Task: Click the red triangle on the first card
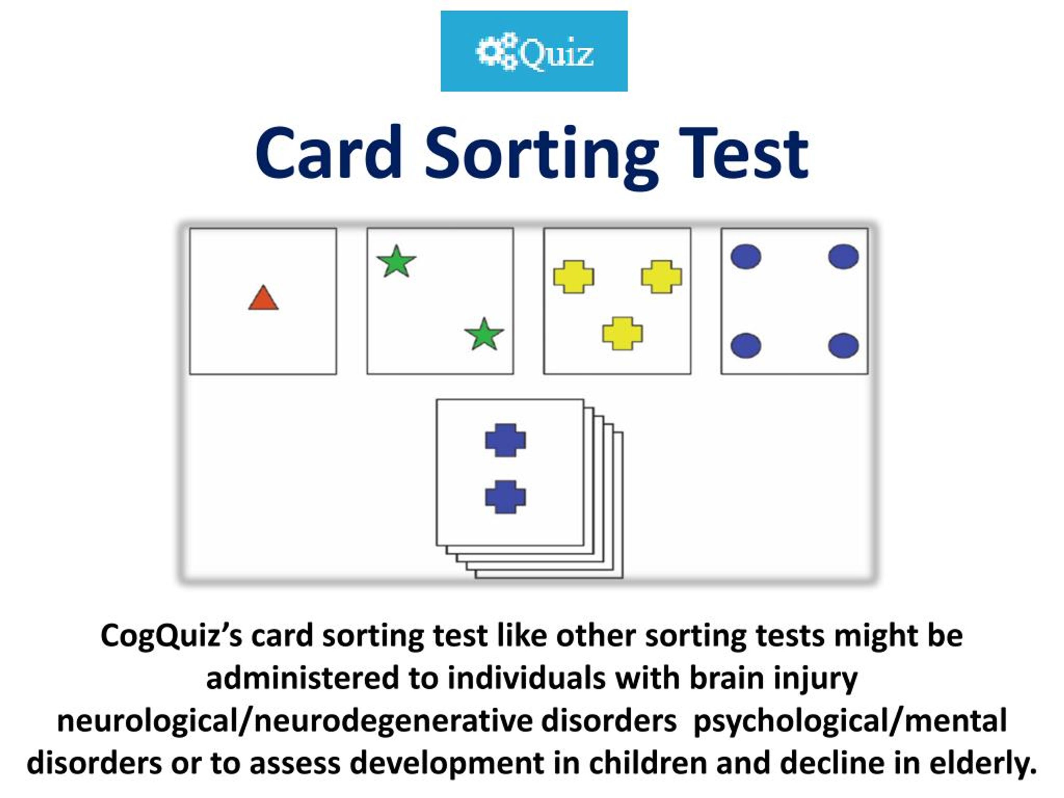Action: (263, 299)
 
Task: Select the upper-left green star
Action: (397, 262)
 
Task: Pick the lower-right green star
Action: (484, 334)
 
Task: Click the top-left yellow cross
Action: (574, 276)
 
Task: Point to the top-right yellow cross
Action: (661, 276)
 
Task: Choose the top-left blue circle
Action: (746, 256)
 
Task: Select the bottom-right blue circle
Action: (843, 345)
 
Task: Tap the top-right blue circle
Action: (843, 256)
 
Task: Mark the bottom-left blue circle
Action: (746, 345)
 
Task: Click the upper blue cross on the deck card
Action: (505, 440)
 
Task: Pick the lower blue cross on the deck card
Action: (505, 497)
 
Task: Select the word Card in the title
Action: (328, 153)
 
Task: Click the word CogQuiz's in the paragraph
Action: (171, 636)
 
